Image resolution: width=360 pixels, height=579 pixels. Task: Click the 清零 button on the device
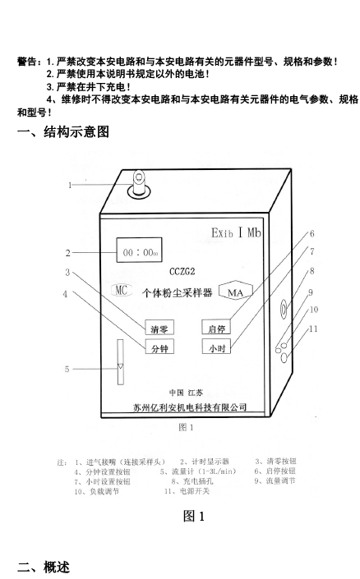pyautogui.click(x=159, y=328)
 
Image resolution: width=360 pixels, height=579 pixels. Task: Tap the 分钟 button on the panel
pyautogui.click(x=159, y=347)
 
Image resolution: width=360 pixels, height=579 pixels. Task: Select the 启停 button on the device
pyautogui.click(x=216, y=327)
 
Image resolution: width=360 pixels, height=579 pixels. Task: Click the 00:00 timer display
pyautogui.click(x=140, y=250)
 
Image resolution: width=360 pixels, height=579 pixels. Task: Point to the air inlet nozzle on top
pyautogui.click(x=139, y=185)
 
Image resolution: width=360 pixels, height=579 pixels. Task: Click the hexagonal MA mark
pyautogui.click(x=235, y=292)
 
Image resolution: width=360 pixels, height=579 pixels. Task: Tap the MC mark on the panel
pyautogui.click(x=121, y=290)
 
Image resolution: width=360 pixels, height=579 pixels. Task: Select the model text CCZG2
pyautogui.click(x=182, y=272)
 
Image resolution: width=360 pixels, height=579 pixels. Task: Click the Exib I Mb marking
pyautogui.click(x=236, y=232)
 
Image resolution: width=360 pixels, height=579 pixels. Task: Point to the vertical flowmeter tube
pyautogui.click(x=121, y=362)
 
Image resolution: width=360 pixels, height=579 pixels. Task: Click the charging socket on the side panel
pyautogui.click(x=284, y=309)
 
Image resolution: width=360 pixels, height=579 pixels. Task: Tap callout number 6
pyautogui.click(x=312, y=233)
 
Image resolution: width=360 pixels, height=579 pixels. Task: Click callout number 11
pyautogui.click(x=313, y=329)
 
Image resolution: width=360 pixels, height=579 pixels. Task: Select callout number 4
pyautogui.click(x=65, y=294)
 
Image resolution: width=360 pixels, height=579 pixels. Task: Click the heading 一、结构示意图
pyautogui.click(x=63, y=132)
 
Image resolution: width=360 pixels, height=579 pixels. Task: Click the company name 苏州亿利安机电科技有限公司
pyautogui.click(x=190, y=407)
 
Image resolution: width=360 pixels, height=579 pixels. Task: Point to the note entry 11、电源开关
pyautogui.click(x=187, y=491)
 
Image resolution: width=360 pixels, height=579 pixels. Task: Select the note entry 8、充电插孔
pyautogui.click(x=192, y=481)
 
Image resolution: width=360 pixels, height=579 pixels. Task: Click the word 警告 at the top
pyautogui.click(x=27, y=62)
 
